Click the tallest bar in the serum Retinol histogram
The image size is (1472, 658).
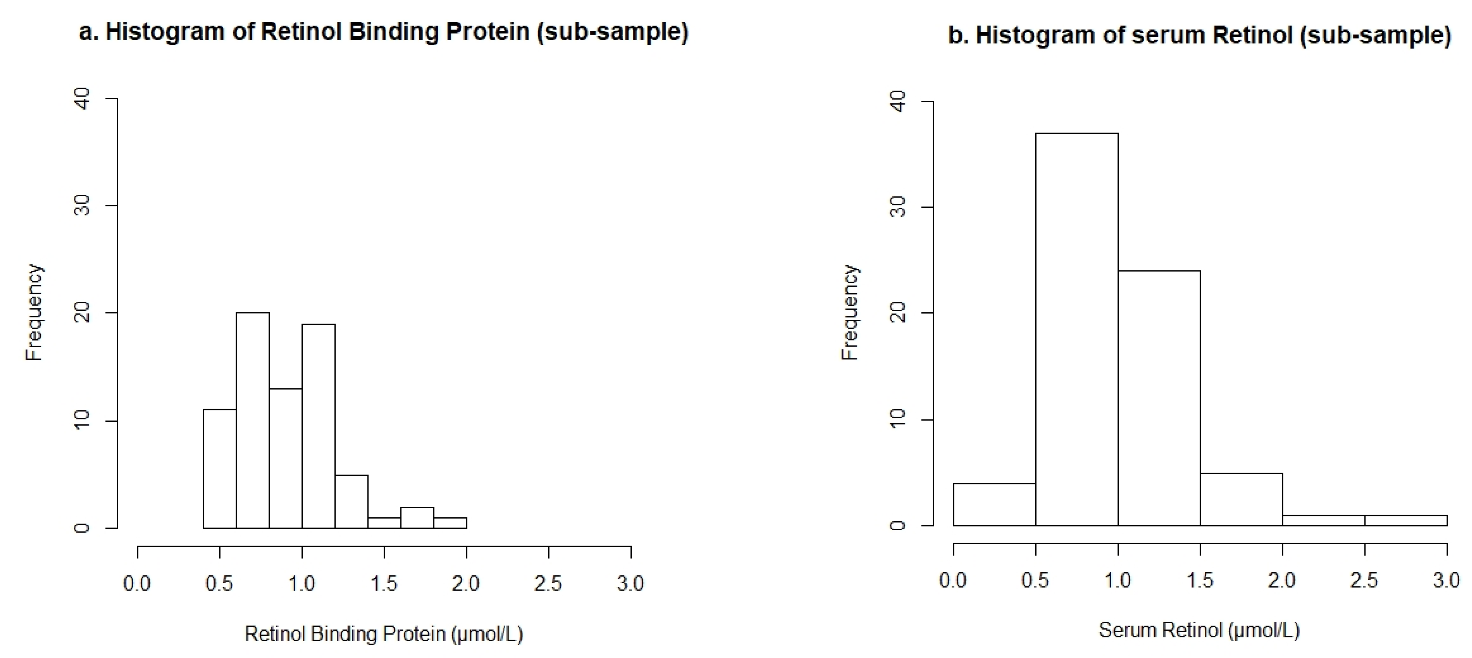click(1076, 329)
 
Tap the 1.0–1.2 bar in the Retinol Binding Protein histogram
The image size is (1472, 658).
click(318, 426)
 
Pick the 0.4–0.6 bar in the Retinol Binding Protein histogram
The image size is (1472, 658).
click(219, 469)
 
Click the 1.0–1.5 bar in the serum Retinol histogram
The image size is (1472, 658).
click(1159, 397)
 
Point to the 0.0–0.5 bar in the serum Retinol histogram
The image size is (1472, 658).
click(994, 504)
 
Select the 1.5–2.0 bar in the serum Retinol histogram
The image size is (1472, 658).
click(1241, 499)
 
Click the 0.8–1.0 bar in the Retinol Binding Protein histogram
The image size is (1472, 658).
click(286, 458)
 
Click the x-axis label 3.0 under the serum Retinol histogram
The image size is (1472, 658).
click(1446, 580)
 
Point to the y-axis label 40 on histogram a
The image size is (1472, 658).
click(83, 99)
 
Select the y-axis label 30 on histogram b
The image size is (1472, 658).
click(899, 207)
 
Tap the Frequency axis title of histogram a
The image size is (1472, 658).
click(34, 312)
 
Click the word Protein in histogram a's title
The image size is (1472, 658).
click(487, 32)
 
